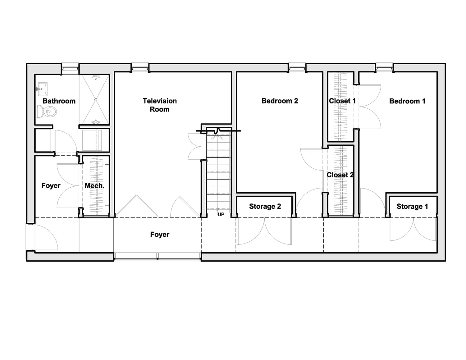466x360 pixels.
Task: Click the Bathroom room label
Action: (59, 101)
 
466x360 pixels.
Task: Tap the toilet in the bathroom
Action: (47, 112)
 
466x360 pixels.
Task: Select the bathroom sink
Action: (42, 89)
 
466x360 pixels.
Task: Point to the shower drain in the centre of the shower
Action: (96, 100)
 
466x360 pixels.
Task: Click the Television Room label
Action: (160, 105)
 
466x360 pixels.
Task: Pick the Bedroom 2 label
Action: (280, 101)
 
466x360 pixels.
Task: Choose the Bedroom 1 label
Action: (407, 101)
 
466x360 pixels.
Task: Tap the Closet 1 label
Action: (342, 101)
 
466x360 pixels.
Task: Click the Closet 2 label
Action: (340, 175)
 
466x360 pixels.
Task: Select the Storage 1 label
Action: (412, 206)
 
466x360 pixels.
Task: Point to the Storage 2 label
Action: (265, 206)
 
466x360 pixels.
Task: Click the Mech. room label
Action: (94, 186)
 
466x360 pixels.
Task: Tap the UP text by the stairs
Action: (221, 215)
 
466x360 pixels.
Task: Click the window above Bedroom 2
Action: (297, 67)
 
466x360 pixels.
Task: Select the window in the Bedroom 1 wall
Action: (384, 67)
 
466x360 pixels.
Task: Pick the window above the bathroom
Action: (70, 68)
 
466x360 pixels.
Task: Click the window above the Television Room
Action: (140, 67)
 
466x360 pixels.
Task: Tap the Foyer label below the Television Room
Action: (160, 235)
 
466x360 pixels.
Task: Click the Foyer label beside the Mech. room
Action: (51, 186)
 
